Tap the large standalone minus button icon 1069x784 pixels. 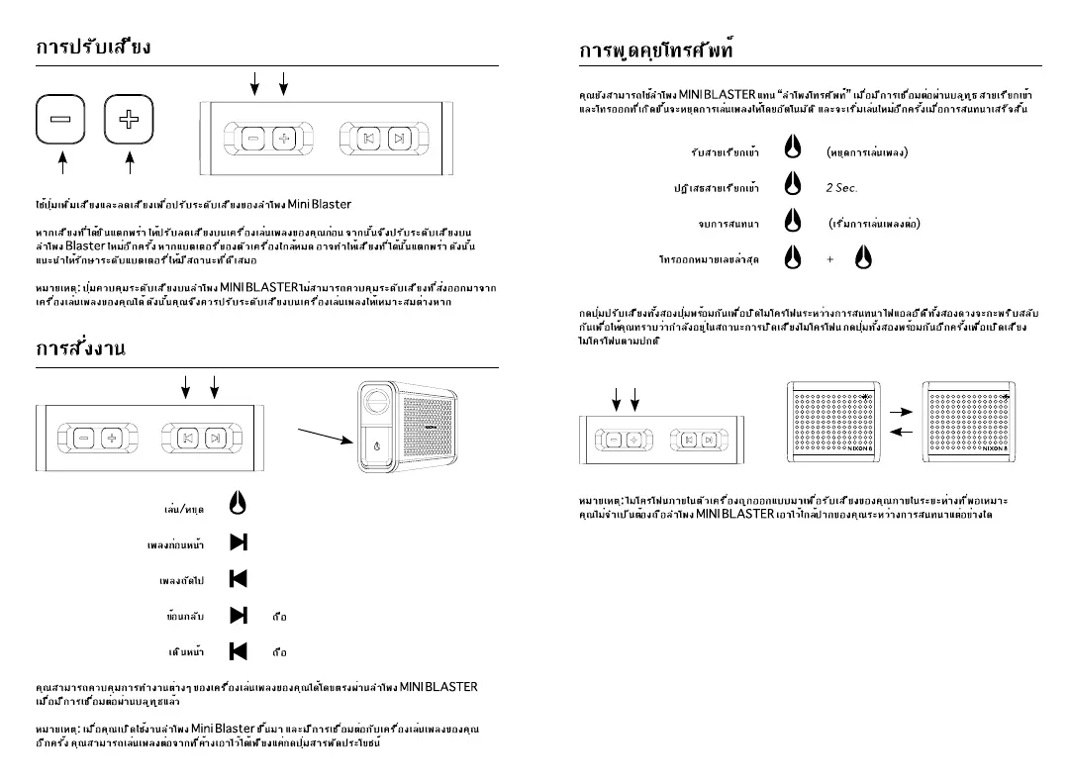[61, 120]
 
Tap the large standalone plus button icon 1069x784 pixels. [129, 120]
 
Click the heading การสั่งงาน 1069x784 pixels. [81, 349]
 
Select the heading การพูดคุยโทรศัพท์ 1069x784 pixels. [656, 49]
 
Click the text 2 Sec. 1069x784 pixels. [841, 187]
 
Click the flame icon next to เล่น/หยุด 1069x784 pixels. [238, 504]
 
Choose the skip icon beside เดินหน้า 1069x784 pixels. [238, 651]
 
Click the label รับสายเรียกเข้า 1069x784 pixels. [725, 151]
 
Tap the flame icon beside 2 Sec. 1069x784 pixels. [792, 185]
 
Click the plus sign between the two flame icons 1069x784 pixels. [829, 259]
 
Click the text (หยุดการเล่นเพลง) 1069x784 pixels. [867, 151]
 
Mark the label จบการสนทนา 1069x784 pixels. [728, 224]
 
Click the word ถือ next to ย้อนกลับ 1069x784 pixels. [279, 617]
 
